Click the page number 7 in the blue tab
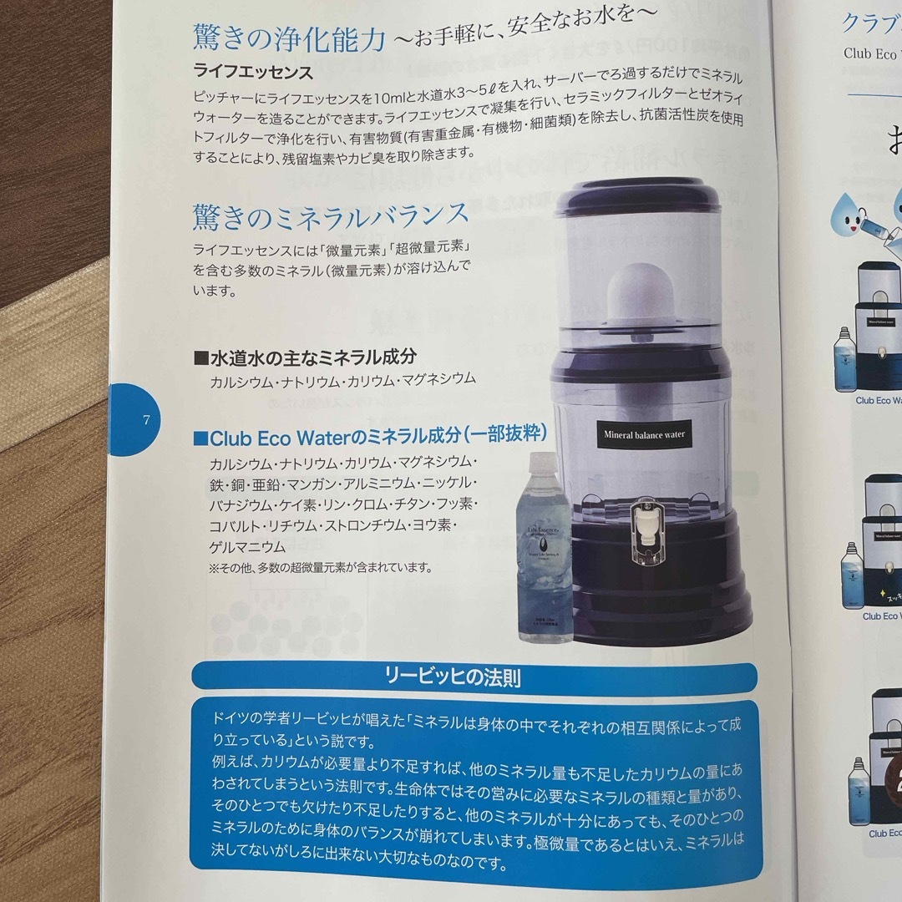pos(146,419)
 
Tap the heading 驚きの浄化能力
pos(290,38)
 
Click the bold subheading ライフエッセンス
pos(253,73)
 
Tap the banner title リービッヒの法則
pos(475,676)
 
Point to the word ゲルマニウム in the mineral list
pos(247,547)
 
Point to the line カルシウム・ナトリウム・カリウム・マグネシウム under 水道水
pos(343,379)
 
